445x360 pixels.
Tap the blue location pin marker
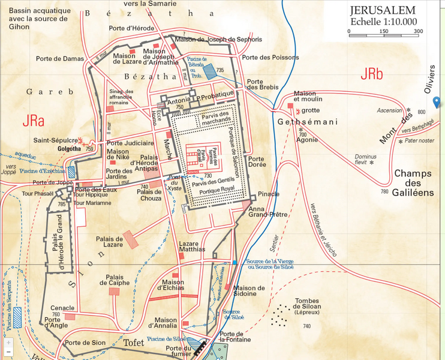(437, 102)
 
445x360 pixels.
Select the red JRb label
(372, 75)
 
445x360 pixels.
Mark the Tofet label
(134, 343)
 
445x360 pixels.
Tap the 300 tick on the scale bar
(418, 31)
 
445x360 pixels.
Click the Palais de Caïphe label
(118, 280)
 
